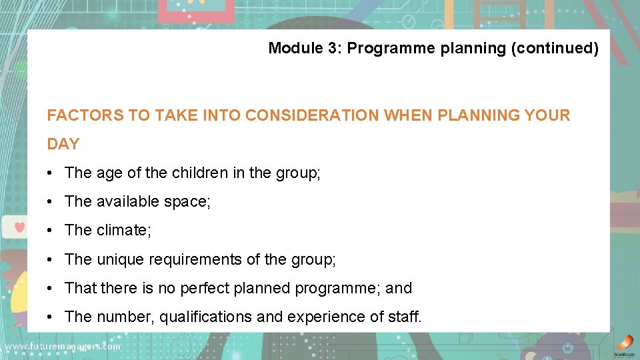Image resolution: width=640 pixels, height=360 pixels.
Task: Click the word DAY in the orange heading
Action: [63, 144]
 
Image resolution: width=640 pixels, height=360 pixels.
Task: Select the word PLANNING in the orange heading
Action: [474, 115]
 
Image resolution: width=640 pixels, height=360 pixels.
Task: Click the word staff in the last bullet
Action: [404, 317]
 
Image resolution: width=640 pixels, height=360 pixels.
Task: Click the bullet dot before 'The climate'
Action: [51, 230]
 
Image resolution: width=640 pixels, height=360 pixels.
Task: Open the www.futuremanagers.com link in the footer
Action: [62, 346]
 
